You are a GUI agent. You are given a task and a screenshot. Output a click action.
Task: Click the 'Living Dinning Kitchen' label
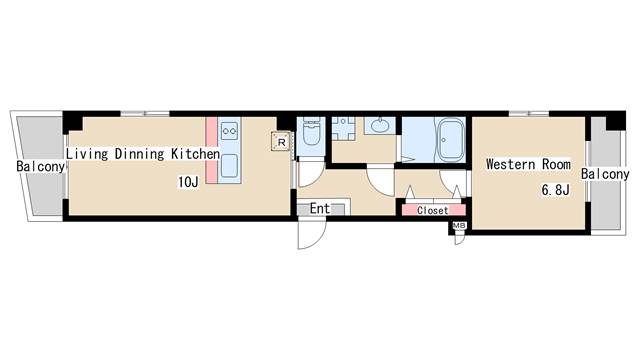click(x=143, y=154)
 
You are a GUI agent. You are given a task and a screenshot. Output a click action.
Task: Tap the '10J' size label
click(x=188, y=182)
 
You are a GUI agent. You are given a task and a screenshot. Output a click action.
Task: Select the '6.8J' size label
click(x=556, y=189)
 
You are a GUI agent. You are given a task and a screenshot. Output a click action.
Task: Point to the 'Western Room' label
click(x=528, y=164)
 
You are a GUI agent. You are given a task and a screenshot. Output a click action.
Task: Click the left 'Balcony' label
click(x=40, y=167)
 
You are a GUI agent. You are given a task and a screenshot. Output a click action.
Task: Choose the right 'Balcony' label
click(x=605, y=174)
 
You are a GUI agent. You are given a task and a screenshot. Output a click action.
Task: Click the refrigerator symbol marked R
click(x=281, y=142)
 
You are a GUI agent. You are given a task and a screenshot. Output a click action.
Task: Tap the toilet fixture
click(x=311, y=131)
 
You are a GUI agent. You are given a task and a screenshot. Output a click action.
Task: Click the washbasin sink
click(x=380, y=125)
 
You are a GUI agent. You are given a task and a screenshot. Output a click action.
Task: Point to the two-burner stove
click(x=229, y=131)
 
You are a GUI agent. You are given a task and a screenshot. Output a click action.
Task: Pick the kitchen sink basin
click(x=229, y=165)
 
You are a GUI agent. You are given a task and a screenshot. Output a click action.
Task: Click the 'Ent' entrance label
click(x=320, y=209)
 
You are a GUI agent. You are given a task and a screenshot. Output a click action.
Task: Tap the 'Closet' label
click(x=433, y=211)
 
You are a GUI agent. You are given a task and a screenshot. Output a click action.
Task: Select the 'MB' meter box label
click(x=459, y=225)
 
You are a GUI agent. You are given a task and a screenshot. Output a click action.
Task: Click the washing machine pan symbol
click(x=343, y=129)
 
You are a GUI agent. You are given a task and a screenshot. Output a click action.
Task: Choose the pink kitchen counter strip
click(x=211, y=150)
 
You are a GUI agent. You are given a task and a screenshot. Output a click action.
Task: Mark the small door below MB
click(x=460, y=240)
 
